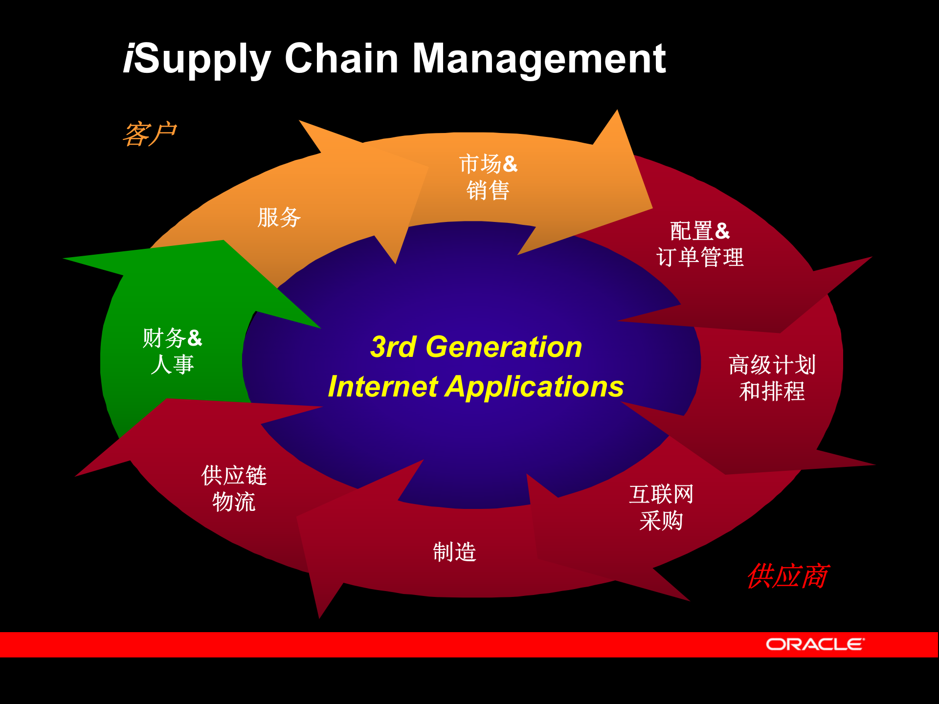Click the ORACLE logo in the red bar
815,644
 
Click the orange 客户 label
149,134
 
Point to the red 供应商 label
787,576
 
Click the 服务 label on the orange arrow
279,218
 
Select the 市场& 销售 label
488,177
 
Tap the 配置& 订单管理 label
700,244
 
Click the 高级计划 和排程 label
772,378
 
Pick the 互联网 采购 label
661,507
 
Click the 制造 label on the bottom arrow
454,552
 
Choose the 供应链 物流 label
234,488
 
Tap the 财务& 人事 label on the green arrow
172,351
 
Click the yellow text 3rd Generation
476,347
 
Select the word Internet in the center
383,387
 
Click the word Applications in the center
534,387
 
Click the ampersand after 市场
510,164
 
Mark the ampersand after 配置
722,231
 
